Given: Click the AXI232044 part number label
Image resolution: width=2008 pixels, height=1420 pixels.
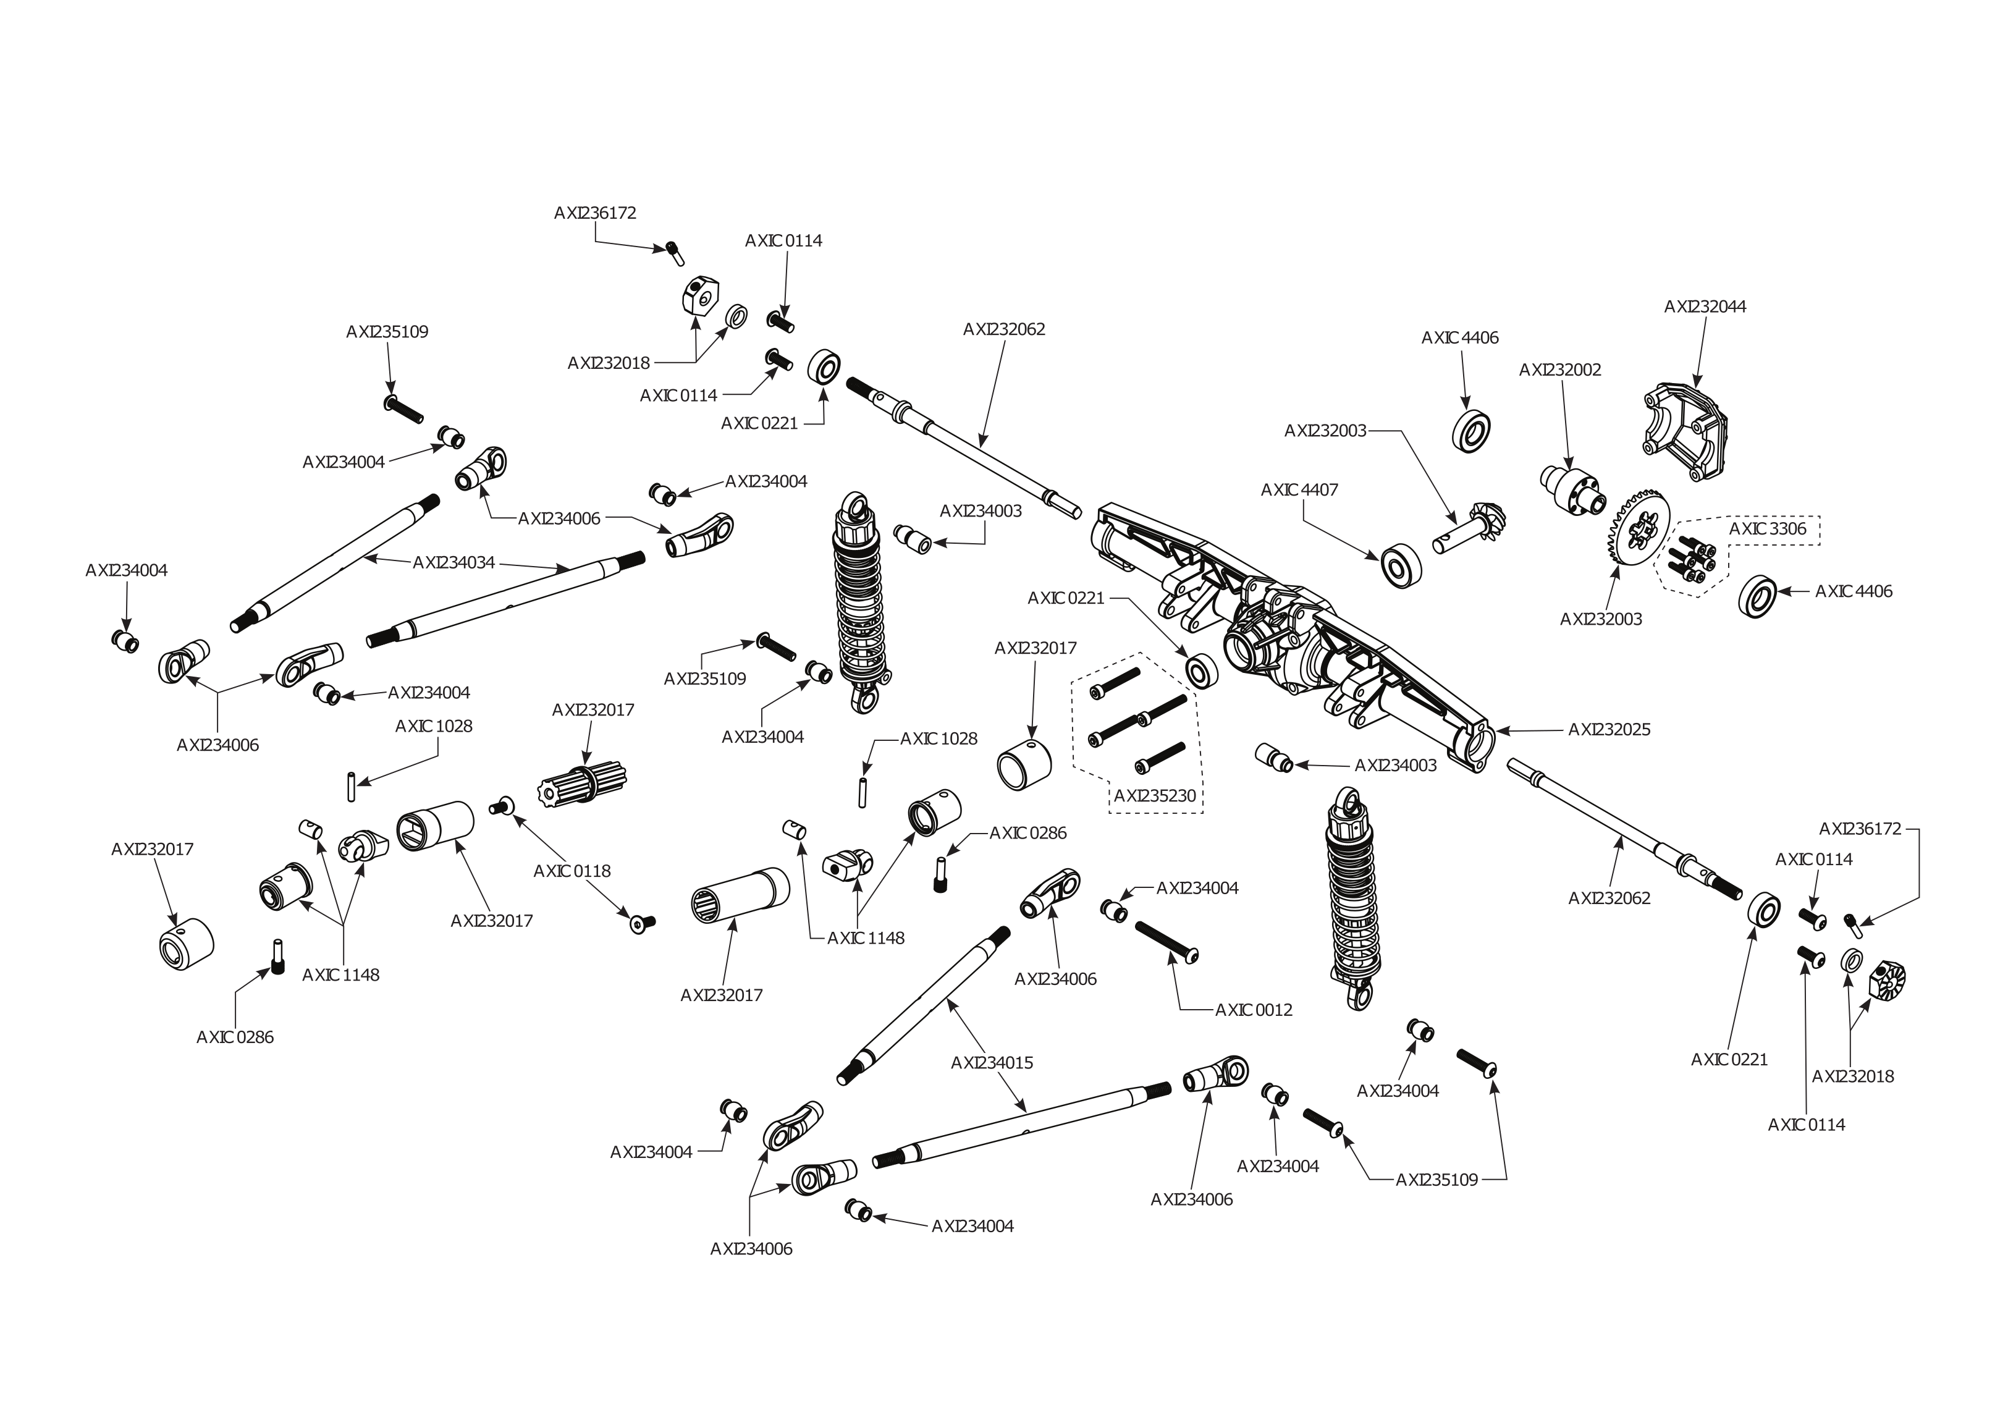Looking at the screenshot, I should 1705,307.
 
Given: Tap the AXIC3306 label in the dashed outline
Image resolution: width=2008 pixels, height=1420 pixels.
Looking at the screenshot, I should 1768,530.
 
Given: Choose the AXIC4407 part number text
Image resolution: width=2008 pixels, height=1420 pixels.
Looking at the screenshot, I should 1299,491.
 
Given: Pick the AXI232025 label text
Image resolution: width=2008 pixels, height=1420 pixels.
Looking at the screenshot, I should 1609,730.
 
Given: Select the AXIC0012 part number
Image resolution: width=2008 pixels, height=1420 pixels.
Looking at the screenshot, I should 1253,1010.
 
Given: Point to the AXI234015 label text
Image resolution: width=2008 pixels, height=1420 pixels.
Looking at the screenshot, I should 992,1063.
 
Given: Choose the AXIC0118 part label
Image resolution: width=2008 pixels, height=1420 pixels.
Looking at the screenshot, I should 572,871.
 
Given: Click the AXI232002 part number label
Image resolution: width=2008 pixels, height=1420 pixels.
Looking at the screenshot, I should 1559,370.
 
